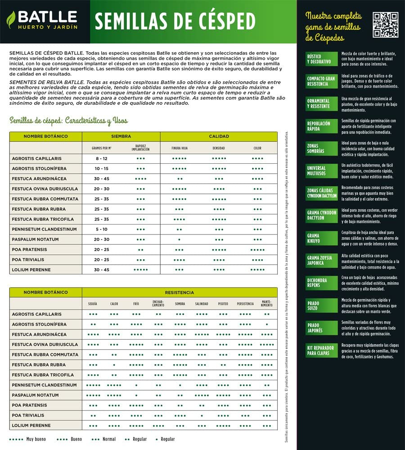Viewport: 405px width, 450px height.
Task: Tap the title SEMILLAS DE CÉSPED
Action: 175,21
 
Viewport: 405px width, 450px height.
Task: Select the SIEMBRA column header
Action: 121,136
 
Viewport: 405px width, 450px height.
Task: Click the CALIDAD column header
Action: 219,136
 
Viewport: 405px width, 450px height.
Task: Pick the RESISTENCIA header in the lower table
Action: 180,292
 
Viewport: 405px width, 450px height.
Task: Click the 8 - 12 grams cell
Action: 102,159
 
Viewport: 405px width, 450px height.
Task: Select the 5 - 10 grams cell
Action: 102,229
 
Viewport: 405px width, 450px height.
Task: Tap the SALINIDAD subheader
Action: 202,304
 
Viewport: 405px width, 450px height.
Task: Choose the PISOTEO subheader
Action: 223,304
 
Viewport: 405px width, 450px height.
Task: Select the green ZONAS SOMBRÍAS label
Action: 321,148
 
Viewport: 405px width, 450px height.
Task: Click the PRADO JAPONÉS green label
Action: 321,328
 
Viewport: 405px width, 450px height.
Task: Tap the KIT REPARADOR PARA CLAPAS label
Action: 321,351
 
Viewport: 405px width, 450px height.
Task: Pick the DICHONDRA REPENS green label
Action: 321,283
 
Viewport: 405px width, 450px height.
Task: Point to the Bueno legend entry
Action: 70,439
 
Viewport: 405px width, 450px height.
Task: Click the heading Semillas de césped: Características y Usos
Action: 69,121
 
